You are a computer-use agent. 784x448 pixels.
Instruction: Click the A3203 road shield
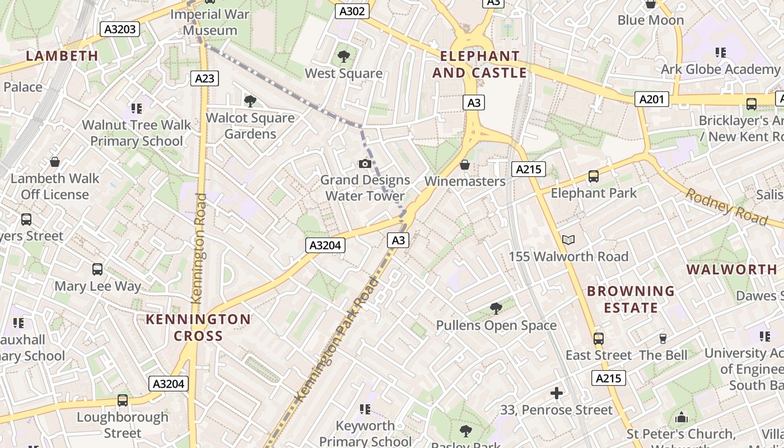coord(120,29)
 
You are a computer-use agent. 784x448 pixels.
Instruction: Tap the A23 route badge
coord(204,78)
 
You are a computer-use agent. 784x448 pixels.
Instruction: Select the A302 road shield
coord(352,11)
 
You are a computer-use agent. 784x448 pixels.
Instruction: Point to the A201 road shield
coord(652,100)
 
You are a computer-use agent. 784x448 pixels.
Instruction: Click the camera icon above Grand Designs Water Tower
coord(365,164)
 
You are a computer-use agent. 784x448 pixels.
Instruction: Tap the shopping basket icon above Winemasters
coord(464,165)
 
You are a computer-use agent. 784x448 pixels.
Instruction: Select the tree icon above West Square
coord(343,57)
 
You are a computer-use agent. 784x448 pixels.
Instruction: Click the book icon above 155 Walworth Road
coord(568,240)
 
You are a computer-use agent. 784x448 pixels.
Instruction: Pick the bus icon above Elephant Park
coord(594,177)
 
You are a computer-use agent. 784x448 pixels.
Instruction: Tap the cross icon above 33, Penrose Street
coord(557,394)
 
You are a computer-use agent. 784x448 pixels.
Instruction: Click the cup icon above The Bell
coord(663,338)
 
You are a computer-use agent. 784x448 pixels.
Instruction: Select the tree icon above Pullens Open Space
coord(496,308)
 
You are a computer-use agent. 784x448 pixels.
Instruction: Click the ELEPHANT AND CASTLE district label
coord(479,64)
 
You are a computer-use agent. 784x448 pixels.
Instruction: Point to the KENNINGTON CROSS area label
coord(198,328)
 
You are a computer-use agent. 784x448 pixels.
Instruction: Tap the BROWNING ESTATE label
coord(631,300)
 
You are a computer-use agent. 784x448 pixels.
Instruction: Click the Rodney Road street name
coord(726,206)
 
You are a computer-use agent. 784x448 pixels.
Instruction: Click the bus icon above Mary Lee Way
coord(97,269)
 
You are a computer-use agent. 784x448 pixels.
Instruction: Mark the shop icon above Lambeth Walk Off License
coord(55,162)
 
